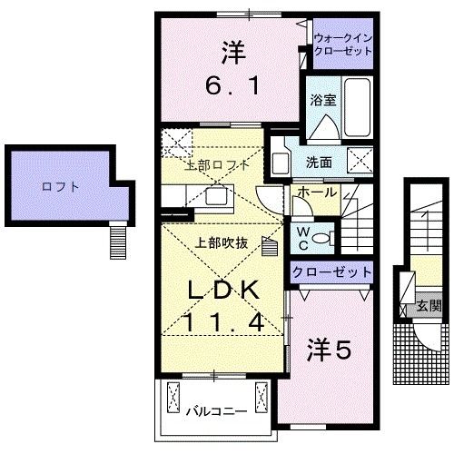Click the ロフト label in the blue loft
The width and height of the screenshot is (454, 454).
[61, 187]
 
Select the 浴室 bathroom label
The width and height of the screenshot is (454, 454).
[322, 100]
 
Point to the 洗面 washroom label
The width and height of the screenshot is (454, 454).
[318, 163]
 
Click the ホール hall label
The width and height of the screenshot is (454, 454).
[313, 192]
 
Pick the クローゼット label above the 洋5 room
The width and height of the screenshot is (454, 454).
[331, 271]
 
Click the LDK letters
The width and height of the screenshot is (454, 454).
[225, 291]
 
